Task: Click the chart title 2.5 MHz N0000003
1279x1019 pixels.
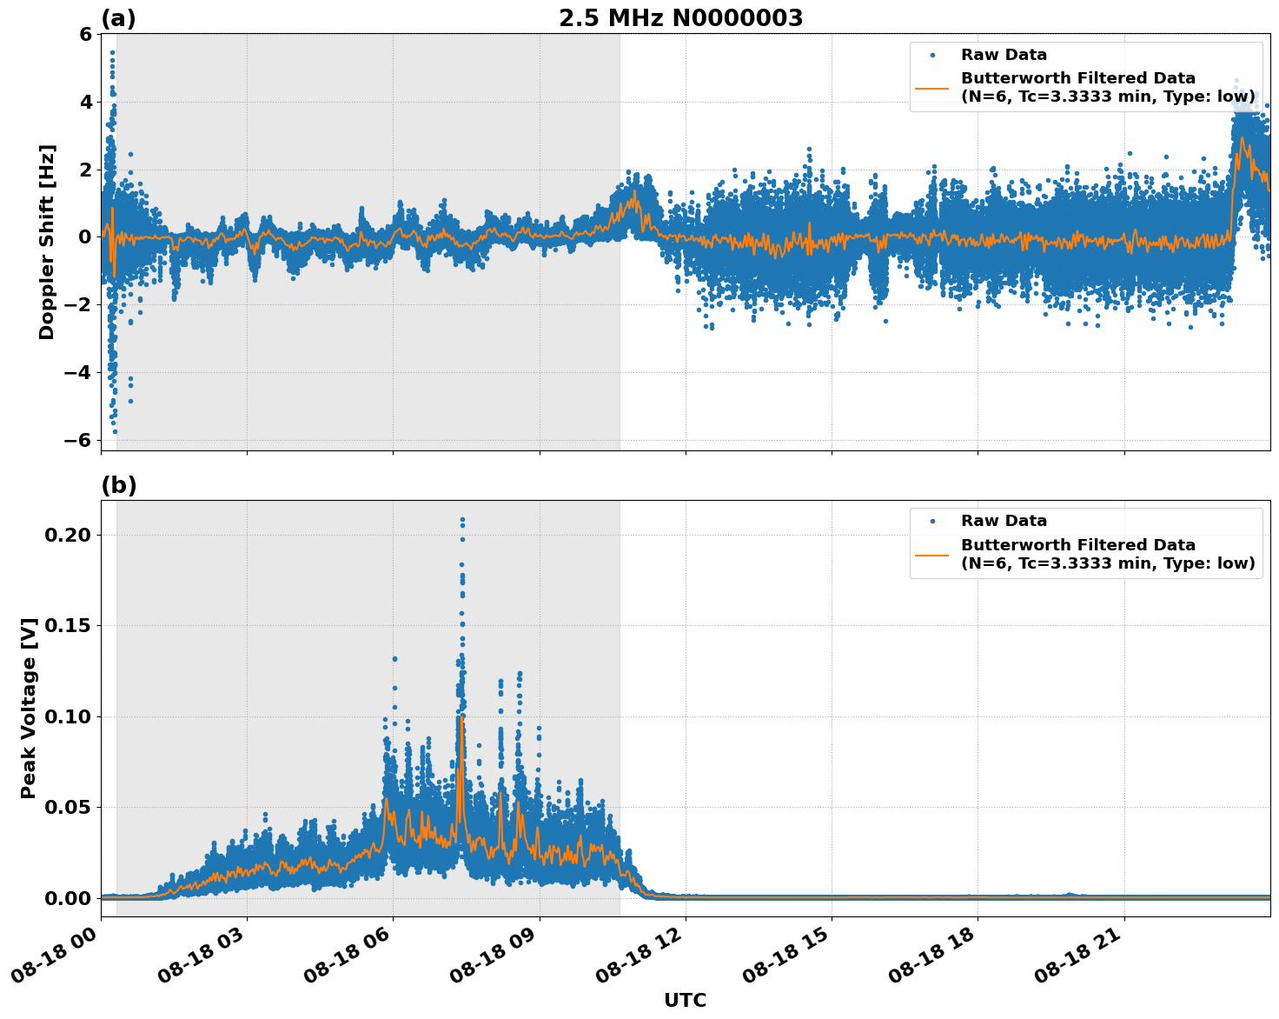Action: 680,18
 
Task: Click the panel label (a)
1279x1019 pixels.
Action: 118,18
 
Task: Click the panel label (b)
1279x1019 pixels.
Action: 118,485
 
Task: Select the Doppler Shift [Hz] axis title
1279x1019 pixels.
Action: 47,242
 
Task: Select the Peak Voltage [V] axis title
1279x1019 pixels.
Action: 29,709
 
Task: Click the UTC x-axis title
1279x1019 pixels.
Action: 685,1000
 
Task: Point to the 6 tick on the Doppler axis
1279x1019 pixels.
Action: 84,34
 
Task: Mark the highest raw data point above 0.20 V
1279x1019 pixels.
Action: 462,520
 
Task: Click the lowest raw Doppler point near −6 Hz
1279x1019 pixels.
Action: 115,431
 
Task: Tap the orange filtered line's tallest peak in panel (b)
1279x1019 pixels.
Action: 461,716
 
